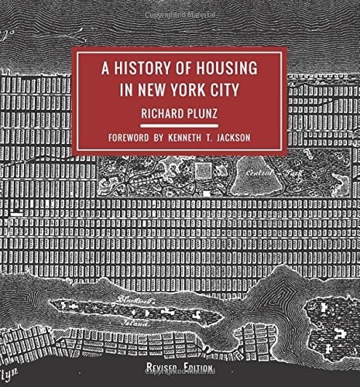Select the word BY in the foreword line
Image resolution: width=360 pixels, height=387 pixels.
pyautogui.click(x=170, y=139)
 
